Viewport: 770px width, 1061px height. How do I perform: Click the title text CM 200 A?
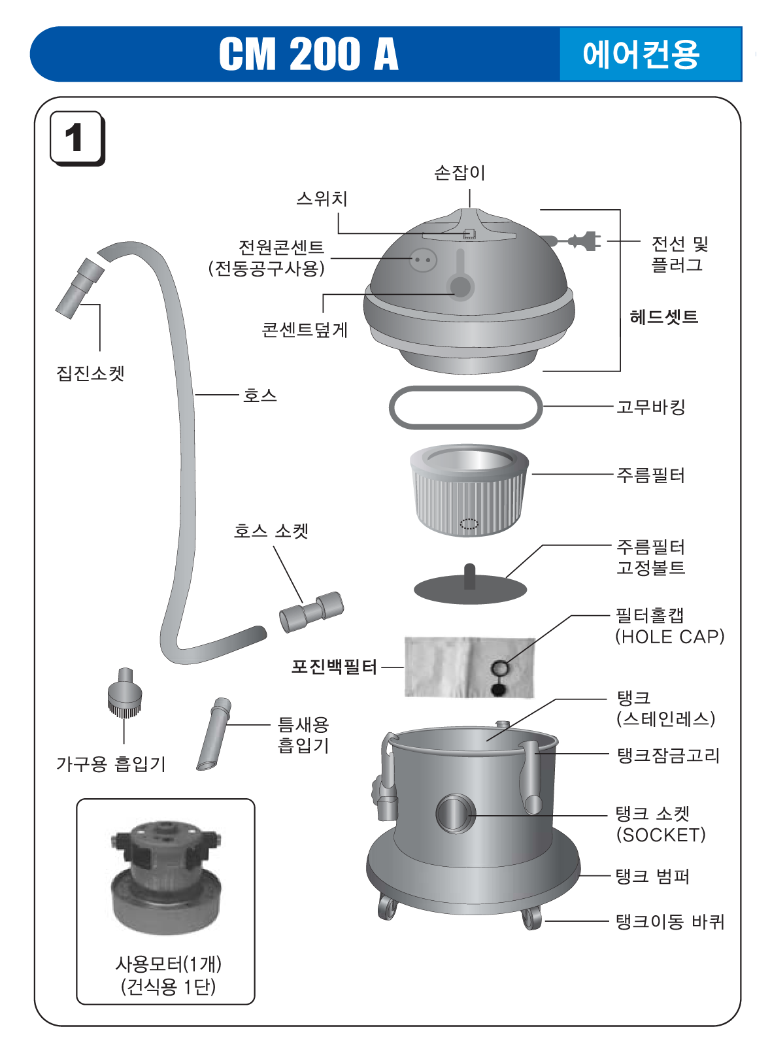pos(308,54)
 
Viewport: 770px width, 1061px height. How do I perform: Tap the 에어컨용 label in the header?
pos(641,54)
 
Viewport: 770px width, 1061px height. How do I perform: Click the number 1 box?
pos(76,138)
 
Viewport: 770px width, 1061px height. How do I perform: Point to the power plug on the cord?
pos(586,241)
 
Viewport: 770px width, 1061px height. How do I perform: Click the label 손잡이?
pos(460,173)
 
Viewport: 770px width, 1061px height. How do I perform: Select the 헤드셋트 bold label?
pos(663,317)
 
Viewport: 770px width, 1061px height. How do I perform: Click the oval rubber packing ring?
pos(465,407)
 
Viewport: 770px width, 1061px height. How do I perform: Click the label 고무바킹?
pos(651,407)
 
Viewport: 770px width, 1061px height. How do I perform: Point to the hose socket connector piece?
pos(311,612)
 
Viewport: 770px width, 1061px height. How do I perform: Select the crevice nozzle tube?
pos(214,735)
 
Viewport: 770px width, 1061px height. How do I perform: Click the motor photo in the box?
pos(165,876)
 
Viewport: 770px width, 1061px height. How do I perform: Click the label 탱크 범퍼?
pos(652,876)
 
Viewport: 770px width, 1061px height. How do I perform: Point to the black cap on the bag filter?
pos(499,688)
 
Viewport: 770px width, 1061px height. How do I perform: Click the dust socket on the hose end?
pos(79,288)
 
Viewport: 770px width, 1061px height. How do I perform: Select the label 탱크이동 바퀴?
pos(670,922)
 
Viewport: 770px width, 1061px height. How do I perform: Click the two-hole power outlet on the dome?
pos(423,260)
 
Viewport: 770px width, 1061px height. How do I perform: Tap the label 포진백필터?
pos(334,667)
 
